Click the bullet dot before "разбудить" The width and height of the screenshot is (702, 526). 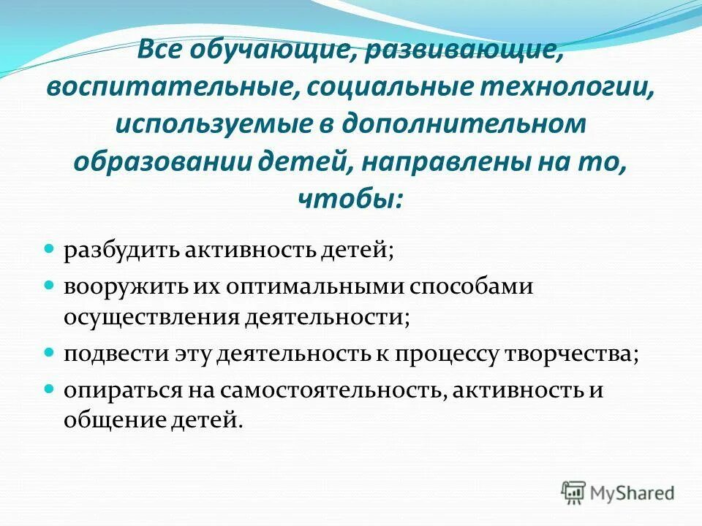tap(50, 249)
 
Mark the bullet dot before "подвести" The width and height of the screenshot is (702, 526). tap(50, 351)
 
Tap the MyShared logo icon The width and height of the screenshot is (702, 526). tap(573, 492)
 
